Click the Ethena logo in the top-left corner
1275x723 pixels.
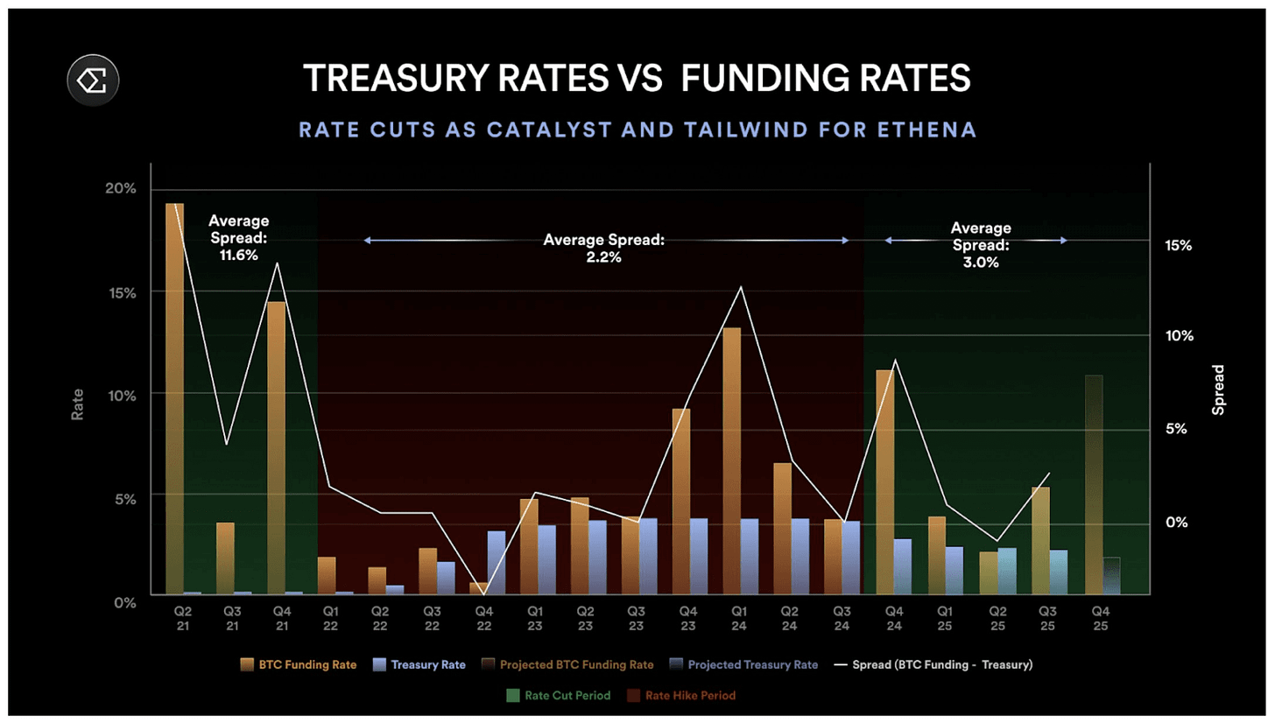click(93, 80)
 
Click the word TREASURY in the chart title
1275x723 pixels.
click(399, 79)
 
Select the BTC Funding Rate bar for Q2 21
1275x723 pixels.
click(174, 398)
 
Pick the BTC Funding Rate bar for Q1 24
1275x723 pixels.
click(732, 460)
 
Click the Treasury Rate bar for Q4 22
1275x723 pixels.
click(497, 562)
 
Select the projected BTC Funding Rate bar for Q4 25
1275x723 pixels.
click(1094, 484)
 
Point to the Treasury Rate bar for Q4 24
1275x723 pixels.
click(902, 565)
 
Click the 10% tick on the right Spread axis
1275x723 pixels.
click(1179, 337)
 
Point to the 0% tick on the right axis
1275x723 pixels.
click(1179, 523)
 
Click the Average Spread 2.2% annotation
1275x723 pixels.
click(604, 249)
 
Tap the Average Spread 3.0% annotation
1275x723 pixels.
click(980, 244)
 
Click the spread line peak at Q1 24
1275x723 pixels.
click(741, 287)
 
